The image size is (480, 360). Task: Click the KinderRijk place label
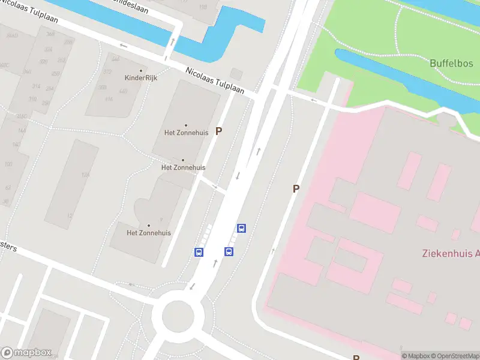[x=141, y=78]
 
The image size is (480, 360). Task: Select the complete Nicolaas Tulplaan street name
[x=215, y=80]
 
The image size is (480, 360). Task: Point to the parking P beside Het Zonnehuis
[x=219, y=131]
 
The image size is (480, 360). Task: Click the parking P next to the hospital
[x=296, y=188]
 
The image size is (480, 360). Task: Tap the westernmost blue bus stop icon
[x=199, y=252]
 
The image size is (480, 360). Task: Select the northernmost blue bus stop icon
[x=241, y=228]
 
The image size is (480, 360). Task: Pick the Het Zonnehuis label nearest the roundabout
[x=149, y=233]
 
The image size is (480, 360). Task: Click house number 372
[x=107, y=71]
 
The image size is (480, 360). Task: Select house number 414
[x=109, y=99]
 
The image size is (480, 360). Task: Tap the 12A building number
[x=86, y=175]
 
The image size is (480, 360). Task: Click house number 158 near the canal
[x=203, y=7]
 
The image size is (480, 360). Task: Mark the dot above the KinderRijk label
[x=141, y=70]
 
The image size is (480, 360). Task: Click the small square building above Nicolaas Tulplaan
[x=236, y=74]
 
